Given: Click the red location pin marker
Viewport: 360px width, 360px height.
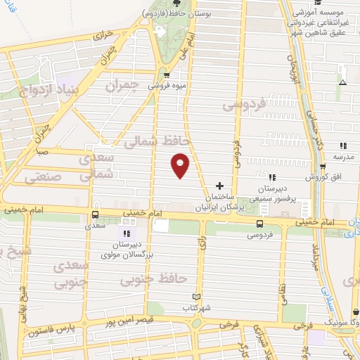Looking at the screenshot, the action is (x=181, y=165).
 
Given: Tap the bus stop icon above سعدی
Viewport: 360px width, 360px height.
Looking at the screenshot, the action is (x=96, y=215).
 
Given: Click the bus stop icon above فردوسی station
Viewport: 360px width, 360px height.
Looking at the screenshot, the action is (x=260, y=224).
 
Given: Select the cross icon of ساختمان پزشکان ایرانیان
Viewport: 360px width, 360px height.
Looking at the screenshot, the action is (x=220, y=186).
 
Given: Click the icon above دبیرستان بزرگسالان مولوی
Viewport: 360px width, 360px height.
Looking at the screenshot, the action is (x=127, y=233).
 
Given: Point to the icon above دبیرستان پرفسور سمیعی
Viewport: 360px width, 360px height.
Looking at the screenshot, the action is (x=272, y=176).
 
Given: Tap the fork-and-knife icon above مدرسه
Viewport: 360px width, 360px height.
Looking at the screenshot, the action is (x=344, y=145).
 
